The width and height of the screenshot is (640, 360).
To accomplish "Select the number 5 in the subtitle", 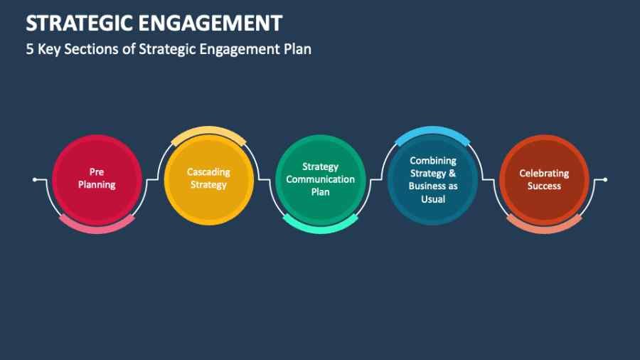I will (x=30, y=50).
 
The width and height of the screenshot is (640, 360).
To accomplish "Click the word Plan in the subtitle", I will (x=298, y=50).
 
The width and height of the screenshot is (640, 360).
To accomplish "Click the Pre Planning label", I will (x=97, y=179).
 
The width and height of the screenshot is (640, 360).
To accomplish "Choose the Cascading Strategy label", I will (x=208, y=179).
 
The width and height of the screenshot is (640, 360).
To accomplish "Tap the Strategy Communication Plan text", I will (x=320, y=179).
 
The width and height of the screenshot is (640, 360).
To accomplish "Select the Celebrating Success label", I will (x=544, y=179).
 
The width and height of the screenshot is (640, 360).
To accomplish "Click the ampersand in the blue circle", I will (x=452, y=174).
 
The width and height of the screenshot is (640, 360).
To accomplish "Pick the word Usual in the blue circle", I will (x=432, y=199).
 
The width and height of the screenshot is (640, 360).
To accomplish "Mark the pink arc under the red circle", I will (x=97, y=225).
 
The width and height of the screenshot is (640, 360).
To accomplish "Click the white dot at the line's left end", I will (x=35, y=179).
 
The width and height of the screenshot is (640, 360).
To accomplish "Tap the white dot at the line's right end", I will (x=605, y=179).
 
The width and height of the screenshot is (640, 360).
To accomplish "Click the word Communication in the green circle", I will (x=320, y=179).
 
